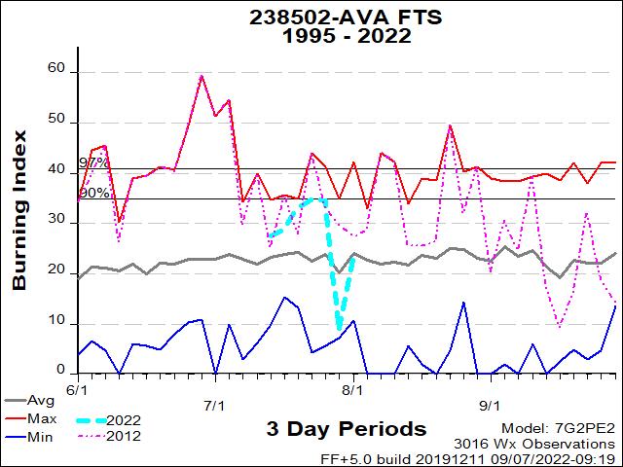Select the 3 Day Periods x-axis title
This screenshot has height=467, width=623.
(346, 429)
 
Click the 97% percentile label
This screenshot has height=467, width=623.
(93, 162)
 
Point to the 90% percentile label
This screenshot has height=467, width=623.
(93, 193)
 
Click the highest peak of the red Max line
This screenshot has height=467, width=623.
(202, 75)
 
